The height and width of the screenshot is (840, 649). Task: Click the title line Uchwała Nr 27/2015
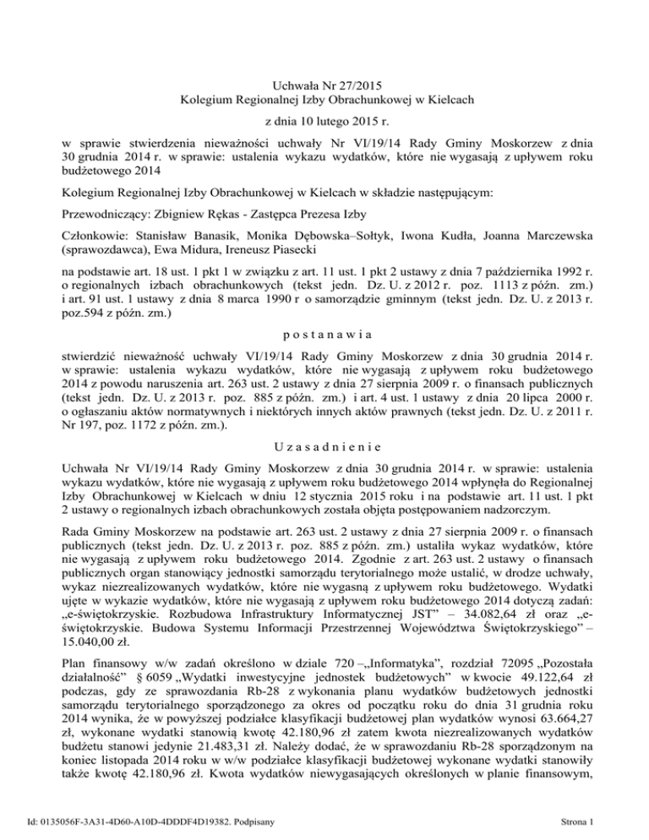[324, 85]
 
